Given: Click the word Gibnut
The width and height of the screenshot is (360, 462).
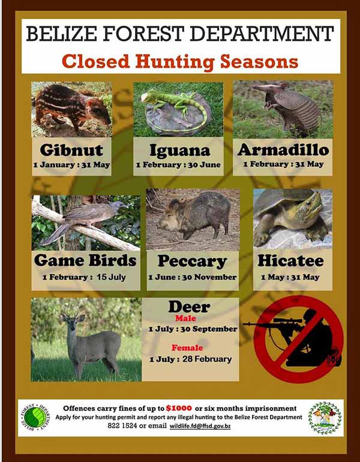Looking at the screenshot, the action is click(x=71, y=150).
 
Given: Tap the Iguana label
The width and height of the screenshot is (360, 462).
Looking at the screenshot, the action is click(x=180, y=151).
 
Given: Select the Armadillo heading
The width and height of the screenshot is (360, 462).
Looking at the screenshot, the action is click(x=283, y=150).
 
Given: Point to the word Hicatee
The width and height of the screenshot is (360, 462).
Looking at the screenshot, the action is click(x=291, y=261).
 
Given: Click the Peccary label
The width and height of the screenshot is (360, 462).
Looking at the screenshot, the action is click(x=192, y=262).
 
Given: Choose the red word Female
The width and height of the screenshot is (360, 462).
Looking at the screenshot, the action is click(x=187, y=348).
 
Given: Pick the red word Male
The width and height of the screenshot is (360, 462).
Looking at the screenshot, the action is click(x=185, y=319).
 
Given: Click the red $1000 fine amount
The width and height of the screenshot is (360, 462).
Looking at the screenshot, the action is click(x=179, y=408).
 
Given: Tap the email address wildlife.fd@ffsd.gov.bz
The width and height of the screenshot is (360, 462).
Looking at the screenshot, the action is click(x=200, y=426).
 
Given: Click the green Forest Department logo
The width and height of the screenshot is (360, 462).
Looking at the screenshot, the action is click(x=35, y=418).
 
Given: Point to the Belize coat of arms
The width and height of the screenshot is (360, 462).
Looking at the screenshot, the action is click(x=325, y=418).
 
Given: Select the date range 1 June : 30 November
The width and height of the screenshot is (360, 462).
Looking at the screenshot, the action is click(x=193, y=277).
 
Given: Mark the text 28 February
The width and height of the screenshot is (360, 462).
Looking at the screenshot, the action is click(x=207, y=359).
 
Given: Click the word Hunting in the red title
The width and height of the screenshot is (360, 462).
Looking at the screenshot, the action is click(x=175, y=62).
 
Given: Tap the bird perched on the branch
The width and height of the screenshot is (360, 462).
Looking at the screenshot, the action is click(x=82, y=218).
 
